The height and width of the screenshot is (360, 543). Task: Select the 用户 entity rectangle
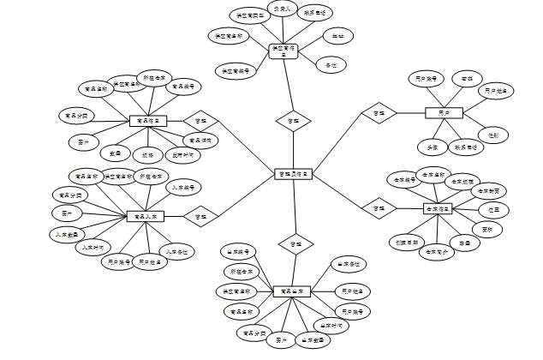coord(444,112)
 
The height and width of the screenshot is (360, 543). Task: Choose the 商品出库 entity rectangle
coord(292,293)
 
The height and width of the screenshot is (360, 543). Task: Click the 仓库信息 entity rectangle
coord(439,209)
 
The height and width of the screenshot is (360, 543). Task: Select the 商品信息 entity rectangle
coord(147,122)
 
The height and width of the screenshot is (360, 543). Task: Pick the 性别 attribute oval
coord(494,135)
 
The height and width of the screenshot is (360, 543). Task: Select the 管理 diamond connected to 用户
coord(375,113)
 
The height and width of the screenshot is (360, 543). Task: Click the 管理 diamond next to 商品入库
coord(200,218)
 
